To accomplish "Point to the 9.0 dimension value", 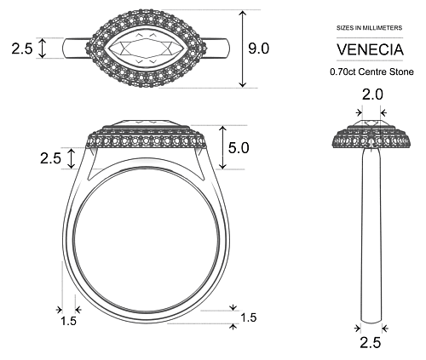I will coord(258,49).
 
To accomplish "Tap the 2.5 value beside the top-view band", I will coord(22,50).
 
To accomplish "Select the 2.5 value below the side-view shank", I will coord(370,343).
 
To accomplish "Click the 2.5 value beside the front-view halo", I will coord(50,157).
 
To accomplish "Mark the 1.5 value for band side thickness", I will coord(69,321).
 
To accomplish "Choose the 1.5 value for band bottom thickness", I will coord(248,317).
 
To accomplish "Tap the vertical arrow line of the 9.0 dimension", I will coord(244,49).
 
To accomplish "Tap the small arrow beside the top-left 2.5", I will coord(43,50).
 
